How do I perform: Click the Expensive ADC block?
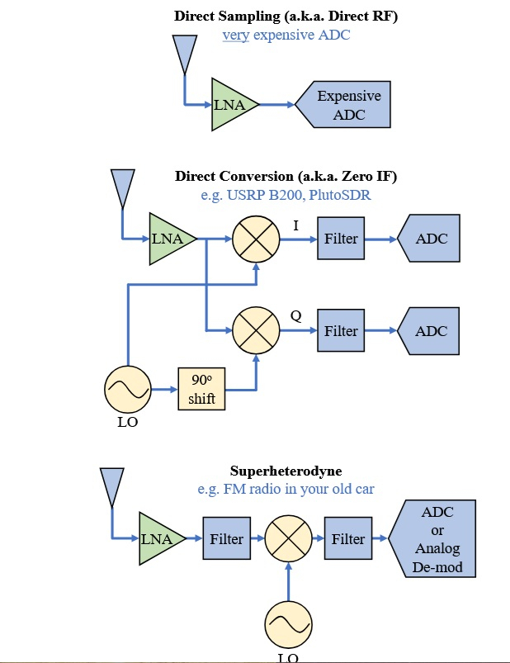pyautogui.click(x=347, y=105)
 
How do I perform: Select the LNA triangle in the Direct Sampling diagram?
pyautogui.click(x=230, y=105)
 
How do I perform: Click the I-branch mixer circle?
pyautogui.click(x=256, y=239)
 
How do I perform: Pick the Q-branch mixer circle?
pyautogui.click(x=256, y=331)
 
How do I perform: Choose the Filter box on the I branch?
pyautogui.click(x=341, y=239)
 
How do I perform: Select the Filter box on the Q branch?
pyautogui.click(x=341, y=331)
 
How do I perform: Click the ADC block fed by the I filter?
pyautogui.click(x=430, y=239)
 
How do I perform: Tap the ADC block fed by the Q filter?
pyautogui.click(x=430, y=331)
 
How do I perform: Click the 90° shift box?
pyautogui.click(x=201, y=388)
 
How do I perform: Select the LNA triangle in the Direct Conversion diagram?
pyautogui.click(x=168, y=239)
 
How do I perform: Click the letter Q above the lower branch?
pyautogui.click(x=295, y=315)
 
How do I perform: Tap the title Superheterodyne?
pyautogui.click(x=286, y=471)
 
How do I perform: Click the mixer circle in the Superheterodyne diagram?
pyautogui.click(x=288, y=539)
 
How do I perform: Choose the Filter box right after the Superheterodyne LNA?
pyautogui.click(x=226, y=539)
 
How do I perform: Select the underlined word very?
pyautogui.click(x=235, y=36)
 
